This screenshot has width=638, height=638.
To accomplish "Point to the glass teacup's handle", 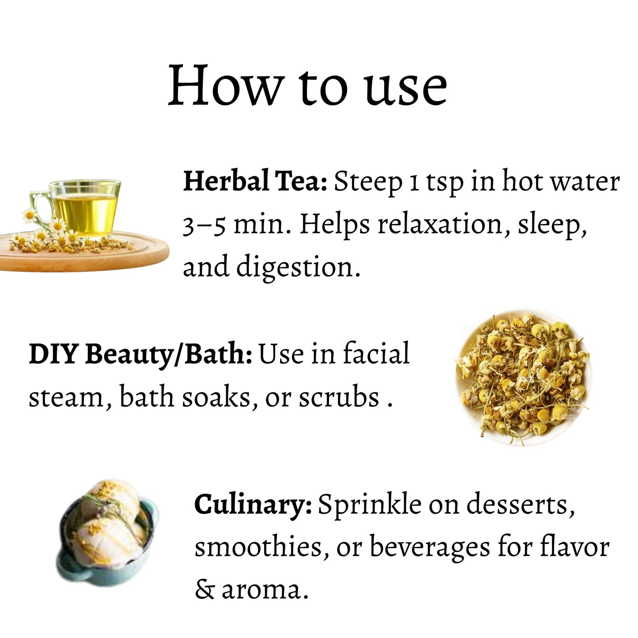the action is (x=38, y=206).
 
